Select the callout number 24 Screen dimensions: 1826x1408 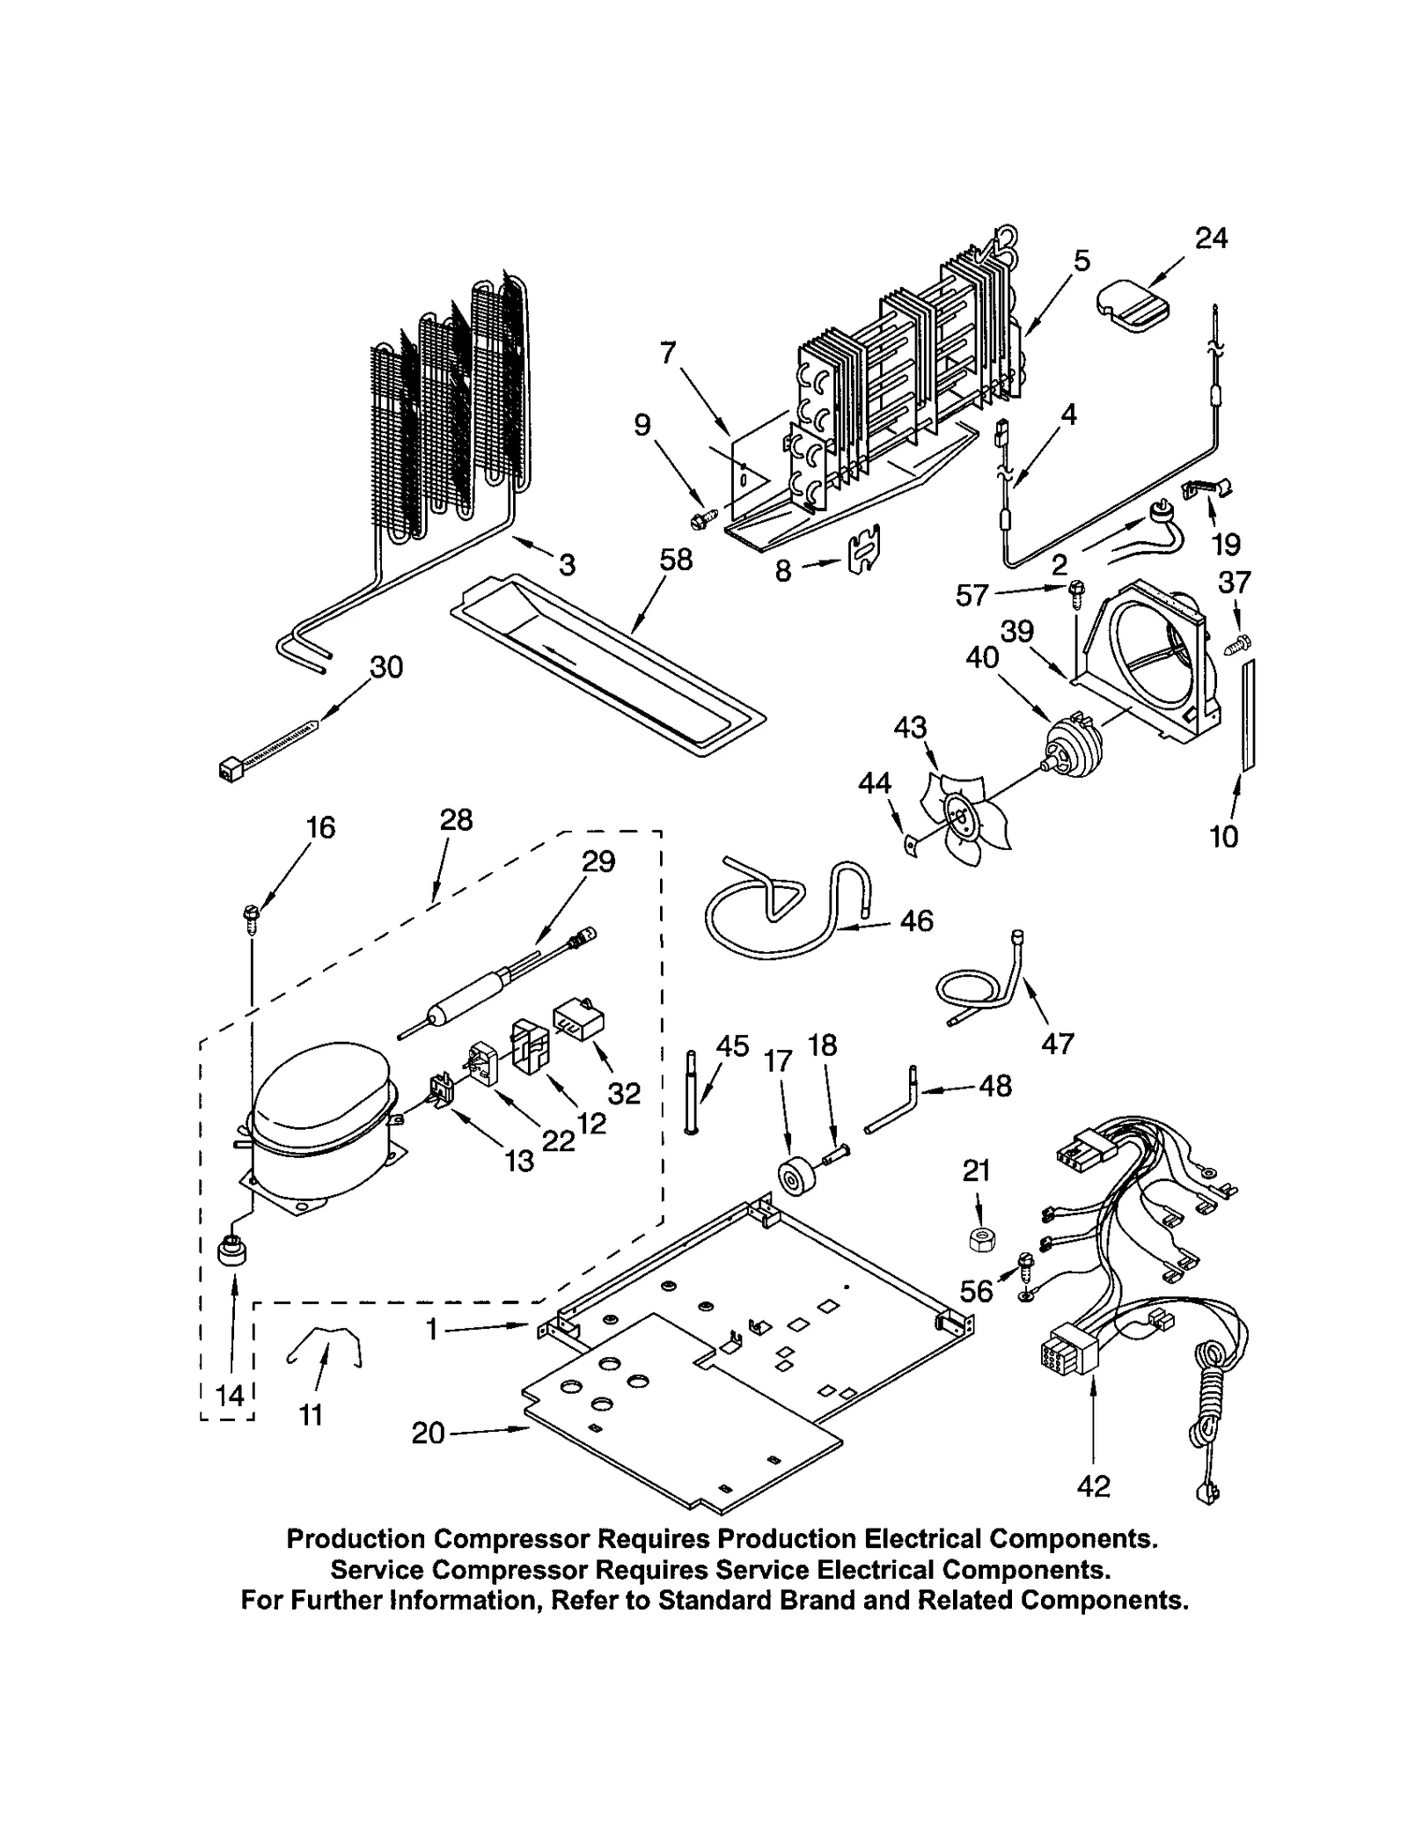[x=1211, y=238]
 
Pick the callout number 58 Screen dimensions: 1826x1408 [x=676, y=560]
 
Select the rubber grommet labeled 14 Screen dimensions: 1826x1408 [x=232, y=1250]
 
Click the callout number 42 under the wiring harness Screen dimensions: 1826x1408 [x=1093, y=1486]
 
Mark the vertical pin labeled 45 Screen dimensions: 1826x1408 [x=690, y=1093]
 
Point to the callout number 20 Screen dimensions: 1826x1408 [x=428, y=1434]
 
